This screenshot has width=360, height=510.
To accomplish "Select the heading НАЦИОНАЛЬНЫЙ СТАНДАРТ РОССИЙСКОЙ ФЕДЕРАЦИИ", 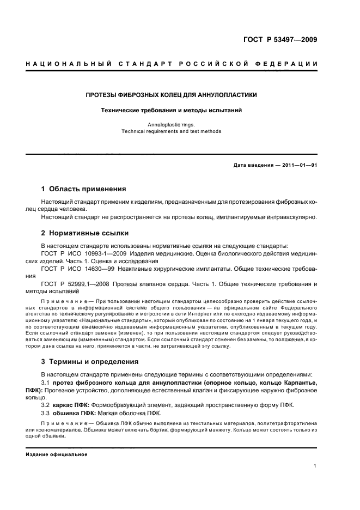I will (172, 64).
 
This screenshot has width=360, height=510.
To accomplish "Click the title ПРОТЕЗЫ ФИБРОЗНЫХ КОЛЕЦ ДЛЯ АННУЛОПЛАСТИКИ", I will (172, 95).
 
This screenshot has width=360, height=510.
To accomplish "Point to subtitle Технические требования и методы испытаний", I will (172, 110).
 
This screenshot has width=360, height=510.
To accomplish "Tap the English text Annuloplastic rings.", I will (172, 125).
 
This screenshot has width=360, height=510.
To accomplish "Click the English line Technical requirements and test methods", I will (172, 131).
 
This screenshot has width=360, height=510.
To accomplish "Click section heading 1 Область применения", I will (84, 189).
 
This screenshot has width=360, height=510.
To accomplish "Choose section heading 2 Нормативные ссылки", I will (85, 233).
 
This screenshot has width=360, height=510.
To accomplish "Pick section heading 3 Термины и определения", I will (90, 361).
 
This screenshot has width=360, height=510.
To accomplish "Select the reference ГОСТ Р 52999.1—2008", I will (81, 284).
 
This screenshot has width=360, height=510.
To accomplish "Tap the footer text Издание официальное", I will (57, 454).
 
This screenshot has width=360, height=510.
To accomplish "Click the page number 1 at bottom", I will (315, 465).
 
